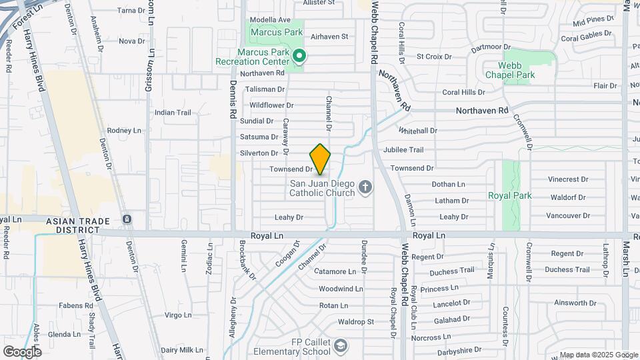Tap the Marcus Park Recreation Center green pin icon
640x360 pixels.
tap(299, 56)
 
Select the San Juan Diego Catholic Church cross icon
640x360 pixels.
tap(365, 187)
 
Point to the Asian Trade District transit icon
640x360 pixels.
tap(127, 219)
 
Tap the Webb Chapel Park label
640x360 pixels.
tap(517, 70)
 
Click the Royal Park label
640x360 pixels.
tap(510, 196)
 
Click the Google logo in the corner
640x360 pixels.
tap(22, 351)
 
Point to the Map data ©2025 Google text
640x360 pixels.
tap(598, 355)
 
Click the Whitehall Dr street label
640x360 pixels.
tap(418, 131)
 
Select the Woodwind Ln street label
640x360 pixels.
tap(340, 289)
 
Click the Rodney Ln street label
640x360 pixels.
tap(125, 131)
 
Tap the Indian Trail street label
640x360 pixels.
tap(173, 112)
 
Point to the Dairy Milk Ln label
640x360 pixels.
tap(181, 350)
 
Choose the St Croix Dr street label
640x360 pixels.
tap(434, 57)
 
